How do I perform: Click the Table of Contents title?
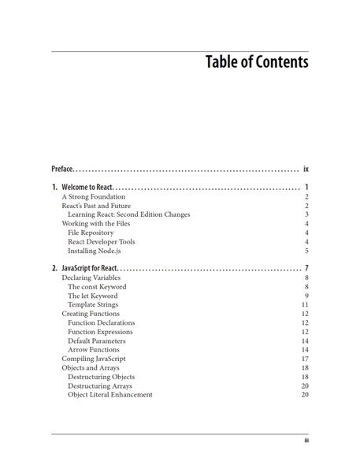(x=256, y=62)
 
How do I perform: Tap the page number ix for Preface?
(x=306, y=169)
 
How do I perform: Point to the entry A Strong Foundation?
(x=93, y=197)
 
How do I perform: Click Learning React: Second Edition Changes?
(x=128, y=214)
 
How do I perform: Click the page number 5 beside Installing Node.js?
(x=306, y=251)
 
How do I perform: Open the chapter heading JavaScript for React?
(x=89, y=269)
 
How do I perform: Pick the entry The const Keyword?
(x=97, y=287)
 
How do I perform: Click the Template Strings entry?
(x=93, y=304)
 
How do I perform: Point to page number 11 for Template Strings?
(x=305, y=304)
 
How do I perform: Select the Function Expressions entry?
(x=101, y=332)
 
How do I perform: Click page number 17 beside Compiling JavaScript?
(x=305, y=359)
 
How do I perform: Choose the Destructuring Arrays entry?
(x=99, y=385)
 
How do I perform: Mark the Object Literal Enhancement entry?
(x=109, y=394)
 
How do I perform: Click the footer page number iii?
(x=306, y=441)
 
